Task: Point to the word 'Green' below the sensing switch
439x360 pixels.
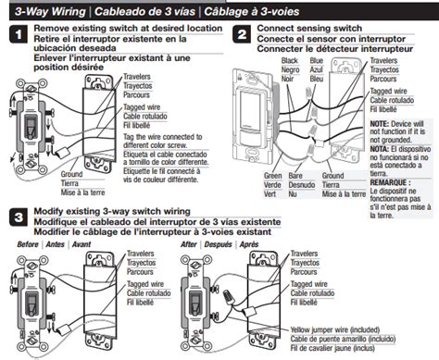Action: [x=272, y=174]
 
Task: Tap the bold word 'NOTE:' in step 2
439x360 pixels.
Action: [x=382, y=122]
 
